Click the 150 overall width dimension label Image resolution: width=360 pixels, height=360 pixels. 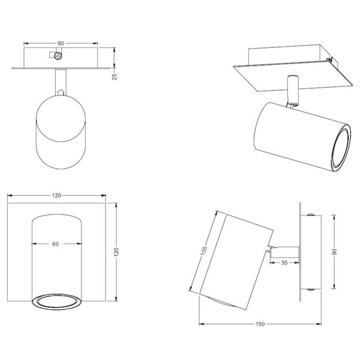coord(260,324)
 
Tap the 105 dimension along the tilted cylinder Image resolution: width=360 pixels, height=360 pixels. coord(203,250)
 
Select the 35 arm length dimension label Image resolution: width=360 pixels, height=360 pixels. coord(284,263)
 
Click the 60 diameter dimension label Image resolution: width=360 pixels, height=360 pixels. coord(55,244)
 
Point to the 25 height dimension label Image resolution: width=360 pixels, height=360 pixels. coord(114,76)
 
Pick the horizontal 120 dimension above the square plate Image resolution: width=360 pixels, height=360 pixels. coord(56,196)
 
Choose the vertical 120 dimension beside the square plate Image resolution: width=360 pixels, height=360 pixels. coord(116,252)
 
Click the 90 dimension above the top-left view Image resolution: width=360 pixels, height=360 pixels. coord(61,43)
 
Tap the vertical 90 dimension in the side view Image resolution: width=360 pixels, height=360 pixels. coord(334,251)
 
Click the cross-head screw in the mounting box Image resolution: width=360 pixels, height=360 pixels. coord(58,56)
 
